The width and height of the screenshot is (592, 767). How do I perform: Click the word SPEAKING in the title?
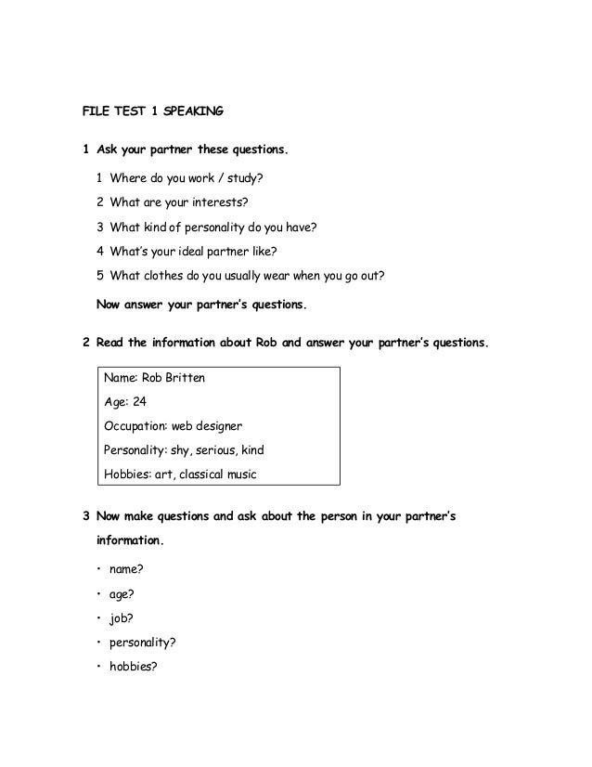tap(192, 113)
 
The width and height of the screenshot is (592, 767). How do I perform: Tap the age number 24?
tap(139, 403)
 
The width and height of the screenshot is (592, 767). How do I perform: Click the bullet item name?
tap(129, 568)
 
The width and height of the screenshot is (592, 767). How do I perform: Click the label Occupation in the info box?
tap(134, 427)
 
